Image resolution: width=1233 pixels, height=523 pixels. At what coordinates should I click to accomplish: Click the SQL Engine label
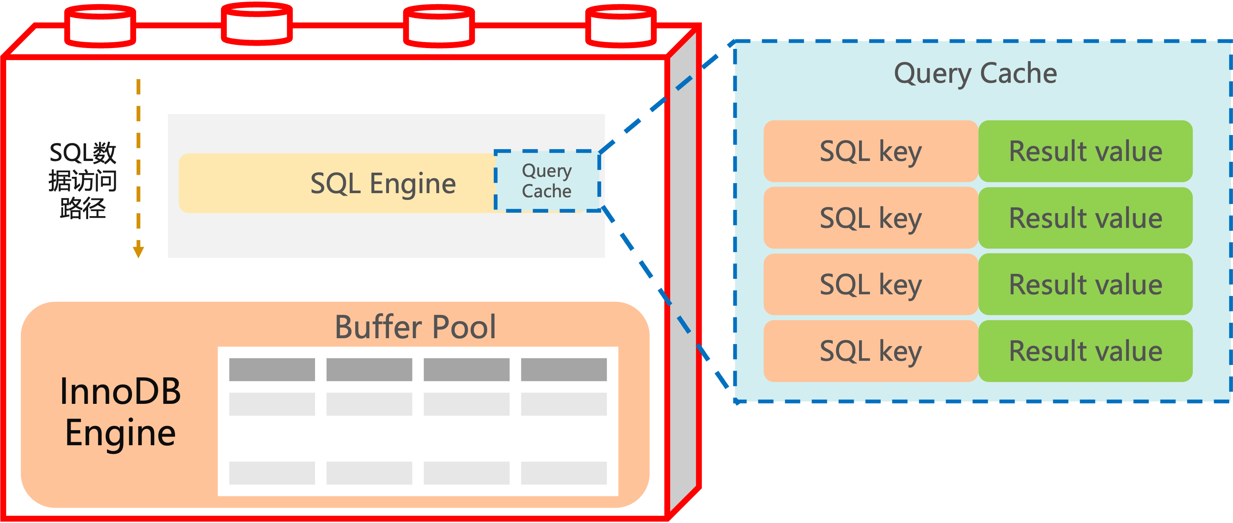[383, 184]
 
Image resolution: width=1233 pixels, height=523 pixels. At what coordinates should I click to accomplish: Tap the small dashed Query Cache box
[547, 181]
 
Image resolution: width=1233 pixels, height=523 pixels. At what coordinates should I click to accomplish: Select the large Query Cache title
[975, 73]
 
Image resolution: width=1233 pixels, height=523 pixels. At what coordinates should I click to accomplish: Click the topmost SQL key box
[870, 151]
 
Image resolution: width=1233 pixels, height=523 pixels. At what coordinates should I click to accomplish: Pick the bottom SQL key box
[870, 351]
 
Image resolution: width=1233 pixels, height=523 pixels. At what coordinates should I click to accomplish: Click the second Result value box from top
[1085, 218]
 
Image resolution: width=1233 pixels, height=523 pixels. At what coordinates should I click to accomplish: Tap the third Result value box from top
[1085, 284]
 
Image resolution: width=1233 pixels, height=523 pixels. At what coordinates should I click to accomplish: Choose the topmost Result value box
[1085, 151]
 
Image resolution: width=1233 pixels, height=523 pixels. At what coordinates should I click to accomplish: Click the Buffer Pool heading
[415, 327]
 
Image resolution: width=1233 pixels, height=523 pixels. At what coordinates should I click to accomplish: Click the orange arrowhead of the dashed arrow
[138, 251]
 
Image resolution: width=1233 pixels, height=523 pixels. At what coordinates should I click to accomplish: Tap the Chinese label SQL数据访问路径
[83, 181]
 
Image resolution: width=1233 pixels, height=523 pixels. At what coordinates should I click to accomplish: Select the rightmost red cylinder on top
[620, 26]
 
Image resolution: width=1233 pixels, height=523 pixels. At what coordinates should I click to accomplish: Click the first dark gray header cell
[272, 370]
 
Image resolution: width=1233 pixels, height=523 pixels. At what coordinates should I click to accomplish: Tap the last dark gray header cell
[563, 370]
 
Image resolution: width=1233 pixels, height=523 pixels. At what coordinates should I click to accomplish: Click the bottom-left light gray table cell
[272, 473]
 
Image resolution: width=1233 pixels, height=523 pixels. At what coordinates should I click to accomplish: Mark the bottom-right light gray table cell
[563, 473]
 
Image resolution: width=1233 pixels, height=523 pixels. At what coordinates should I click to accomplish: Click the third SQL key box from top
[870, 284]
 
